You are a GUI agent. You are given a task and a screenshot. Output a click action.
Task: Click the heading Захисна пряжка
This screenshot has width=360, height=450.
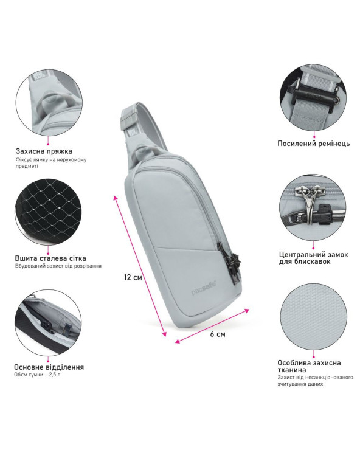pos(44,151)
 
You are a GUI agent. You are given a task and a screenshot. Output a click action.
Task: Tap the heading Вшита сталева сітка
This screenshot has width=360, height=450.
pos(50,258)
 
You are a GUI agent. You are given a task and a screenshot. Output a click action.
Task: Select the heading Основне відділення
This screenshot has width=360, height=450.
pos(49,367)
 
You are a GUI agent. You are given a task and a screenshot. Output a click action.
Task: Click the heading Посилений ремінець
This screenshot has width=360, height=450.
pos(314,143)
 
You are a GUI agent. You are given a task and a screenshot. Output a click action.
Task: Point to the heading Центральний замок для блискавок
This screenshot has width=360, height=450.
pos(313,258)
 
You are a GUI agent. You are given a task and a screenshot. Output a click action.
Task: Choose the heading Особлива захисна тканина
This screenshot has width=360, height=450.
pos(309,366)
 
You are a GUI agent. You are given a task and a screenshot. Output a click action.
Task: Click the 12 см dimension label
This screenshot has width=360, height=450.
pos(133,277)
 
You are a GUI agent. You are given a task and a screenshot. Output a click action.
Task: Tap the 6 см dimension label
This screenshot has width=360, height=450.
pos(218,334)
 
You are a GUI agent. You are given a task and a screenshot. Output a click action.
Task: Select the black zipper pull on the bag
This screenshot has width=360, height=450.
pos(234,263)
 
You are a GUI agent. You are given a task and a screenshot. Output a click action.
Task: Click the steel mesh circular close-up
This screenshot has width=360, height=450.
pos(48,212)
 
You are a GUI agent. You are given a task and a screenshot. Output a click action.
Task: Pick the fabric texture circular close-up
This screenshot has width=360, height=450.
pos(314,317)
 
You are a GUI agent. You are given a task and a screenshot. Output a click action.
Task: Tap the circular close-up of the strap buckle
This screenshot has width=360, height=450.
pos(314,97)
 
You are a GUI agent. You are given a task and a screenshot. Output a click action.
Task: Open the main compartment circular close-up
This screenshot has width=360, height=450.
pos(48,322)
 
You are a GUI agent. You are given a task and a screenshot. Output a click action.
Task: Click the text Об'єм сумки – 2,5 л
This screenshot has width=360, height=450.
pos(37,375)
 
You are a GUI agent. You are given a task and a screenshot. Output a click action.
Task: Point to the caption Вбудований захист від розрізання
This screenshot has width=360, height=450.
pos(58,266)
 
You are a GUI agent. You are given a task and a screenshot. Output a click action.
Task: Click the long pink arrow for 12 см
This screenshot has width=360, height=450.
pos(140,266)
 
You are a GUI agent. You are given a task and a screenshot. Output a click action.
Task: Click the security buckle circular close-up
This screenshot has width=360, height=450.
pos(48,102)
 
